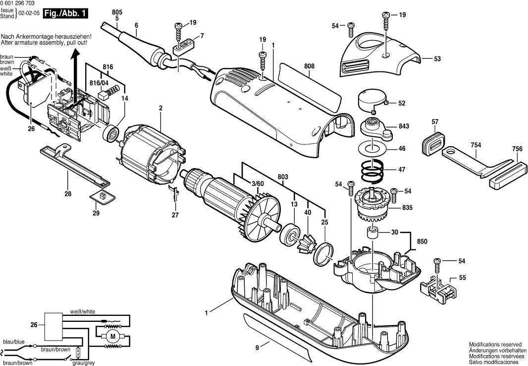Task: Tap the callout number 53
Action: tap(437, 59)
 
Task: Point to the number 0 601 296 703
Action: tap(21, 3)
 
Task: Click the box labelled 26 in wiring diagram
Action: tap(53, 325)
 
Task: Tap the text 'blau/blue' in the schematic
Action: tap(13, 342)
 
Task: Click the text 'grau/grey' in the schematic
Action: tap(83, 363)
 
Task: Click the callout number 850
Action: tap(422, 242)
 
